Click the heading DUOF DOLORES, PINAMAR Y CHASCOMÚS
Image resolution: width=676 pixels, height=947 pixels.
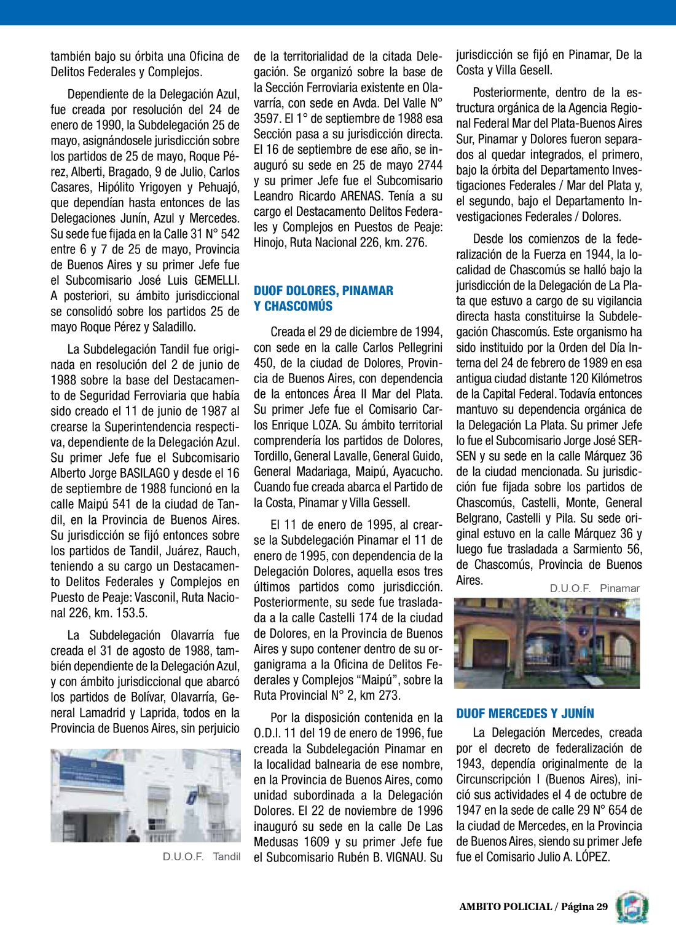point(323,298)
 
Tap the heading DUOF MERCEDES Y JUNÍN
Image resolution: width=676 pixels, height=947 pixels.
point(525,713)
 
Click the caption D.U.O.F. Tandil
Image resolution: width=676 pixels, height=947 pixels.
point(202,857)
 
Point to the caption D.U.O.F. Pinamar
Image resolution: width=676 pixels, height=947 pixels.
point(594,588)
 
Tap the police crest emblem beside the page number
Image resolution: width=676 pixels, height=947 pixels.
point(632,907)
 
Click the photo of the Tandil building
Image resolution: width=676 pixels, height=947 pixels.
point(146,795)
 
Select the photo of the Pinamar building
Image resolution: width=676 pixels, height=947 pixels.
point(546,643)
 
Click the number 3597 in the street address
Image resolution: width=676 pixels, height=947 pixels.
point(269,119)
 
